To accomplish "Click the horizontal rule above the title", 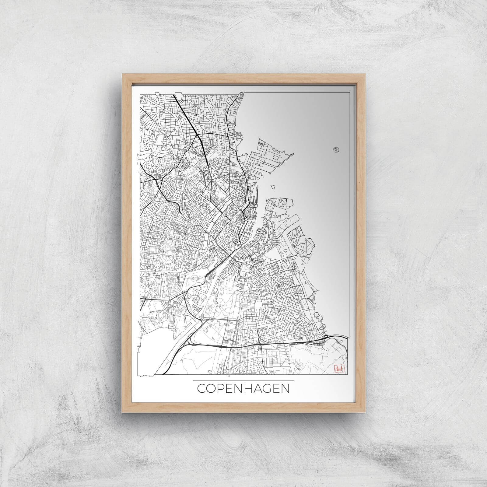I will (x=243, y=380).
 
